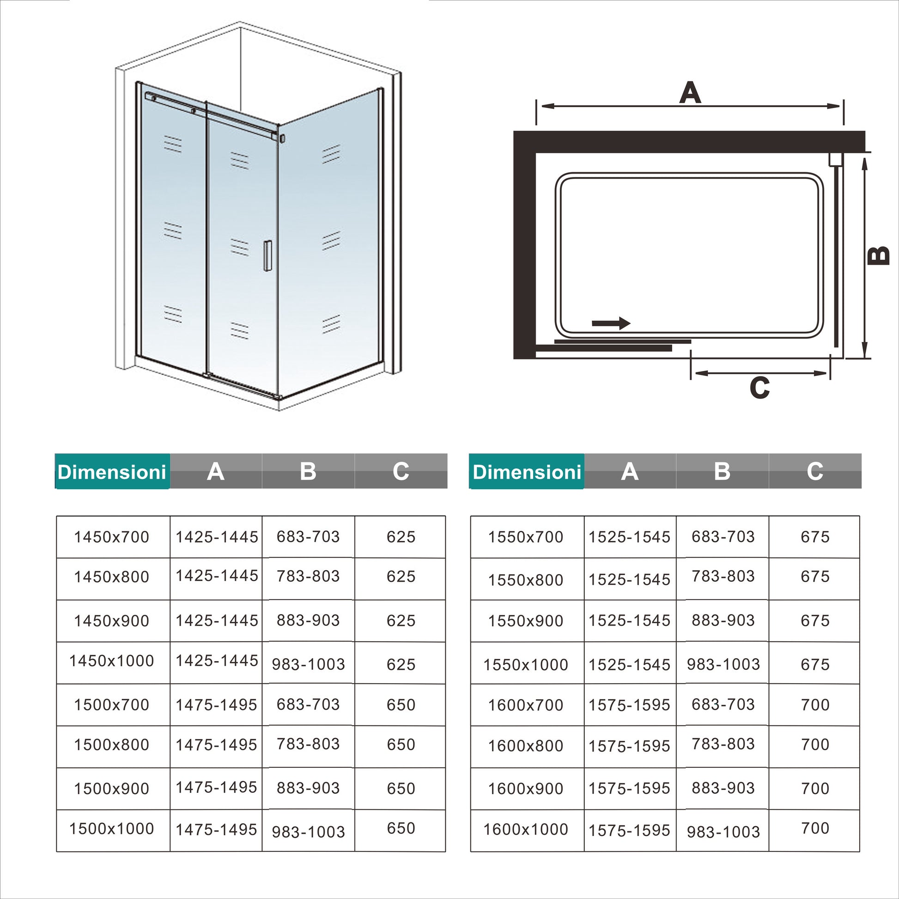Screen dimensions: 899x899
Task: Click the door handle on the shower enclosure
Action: point(267,255)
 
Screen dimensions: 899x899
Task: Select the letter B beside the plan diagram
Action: point(879,255)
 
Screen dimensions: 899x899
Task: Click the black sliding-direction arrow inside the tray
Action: point(611,323)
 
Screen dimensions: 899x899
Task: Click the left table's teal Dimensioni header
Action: point(112,472)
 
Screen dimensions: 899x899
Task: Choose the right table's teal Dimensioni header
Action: point(527,472)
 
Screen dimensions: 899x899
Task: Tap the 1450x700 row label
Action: point(112,537)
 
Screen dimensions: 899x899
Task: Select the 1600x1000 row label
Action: point(526,829)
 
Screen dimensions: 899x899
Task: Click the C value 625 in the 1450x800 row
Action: point(401,577)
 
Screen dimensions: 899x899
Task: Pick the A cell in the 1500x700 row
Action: point(216,705)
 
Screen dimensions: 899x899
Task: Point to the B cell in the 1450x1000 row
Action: point(309,664)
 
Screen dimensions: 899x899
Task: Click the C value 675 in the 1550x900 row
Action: point(815,620)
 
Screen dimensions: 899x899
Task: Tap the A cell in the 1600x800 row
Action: point(630,746)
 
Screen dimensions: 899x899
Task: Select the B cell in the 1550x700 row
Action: point(723,536)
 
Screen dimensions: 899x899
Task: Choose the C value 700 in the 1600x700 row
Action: point(815,705)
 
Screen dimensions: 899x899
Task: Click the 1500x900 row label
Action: point(112,788)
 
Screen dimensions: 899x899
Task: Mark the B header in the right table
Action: point(722,471)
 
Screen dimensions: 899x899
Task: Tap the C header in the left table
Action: point(401,471)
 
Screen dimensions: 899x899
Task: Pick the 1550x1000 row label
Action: point(526,664)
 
